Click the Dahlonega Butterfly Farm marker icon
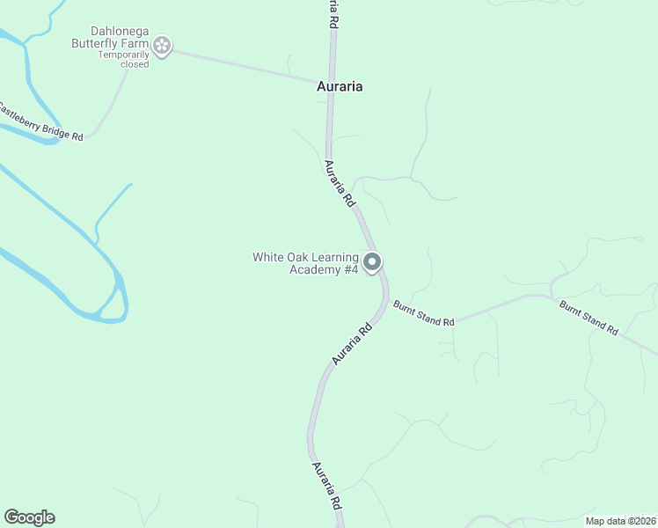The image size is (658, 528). click(x=162, y=45)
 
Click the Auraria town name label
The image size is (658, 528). click(x=340, y=86)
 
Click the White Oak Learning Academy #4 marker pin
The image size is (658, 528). click(x=372, y=262)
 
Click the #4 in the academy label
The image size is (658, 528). click(x=351, y=269)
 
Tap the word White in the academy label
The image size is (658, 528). click(x=268, y=257)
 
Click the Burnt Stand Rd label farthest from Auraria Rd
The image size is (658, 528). click(x=589, y=317)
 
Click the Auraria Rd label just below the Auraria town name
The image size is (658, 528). click(x=339, y=183)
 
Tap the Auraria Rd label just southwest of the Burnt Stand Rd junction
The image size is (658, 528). click(x=353, y=343)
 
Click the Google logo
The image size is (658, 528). click(x=29, y=517)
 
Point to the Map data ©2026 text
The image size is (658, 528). click(x=622, y=521)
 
